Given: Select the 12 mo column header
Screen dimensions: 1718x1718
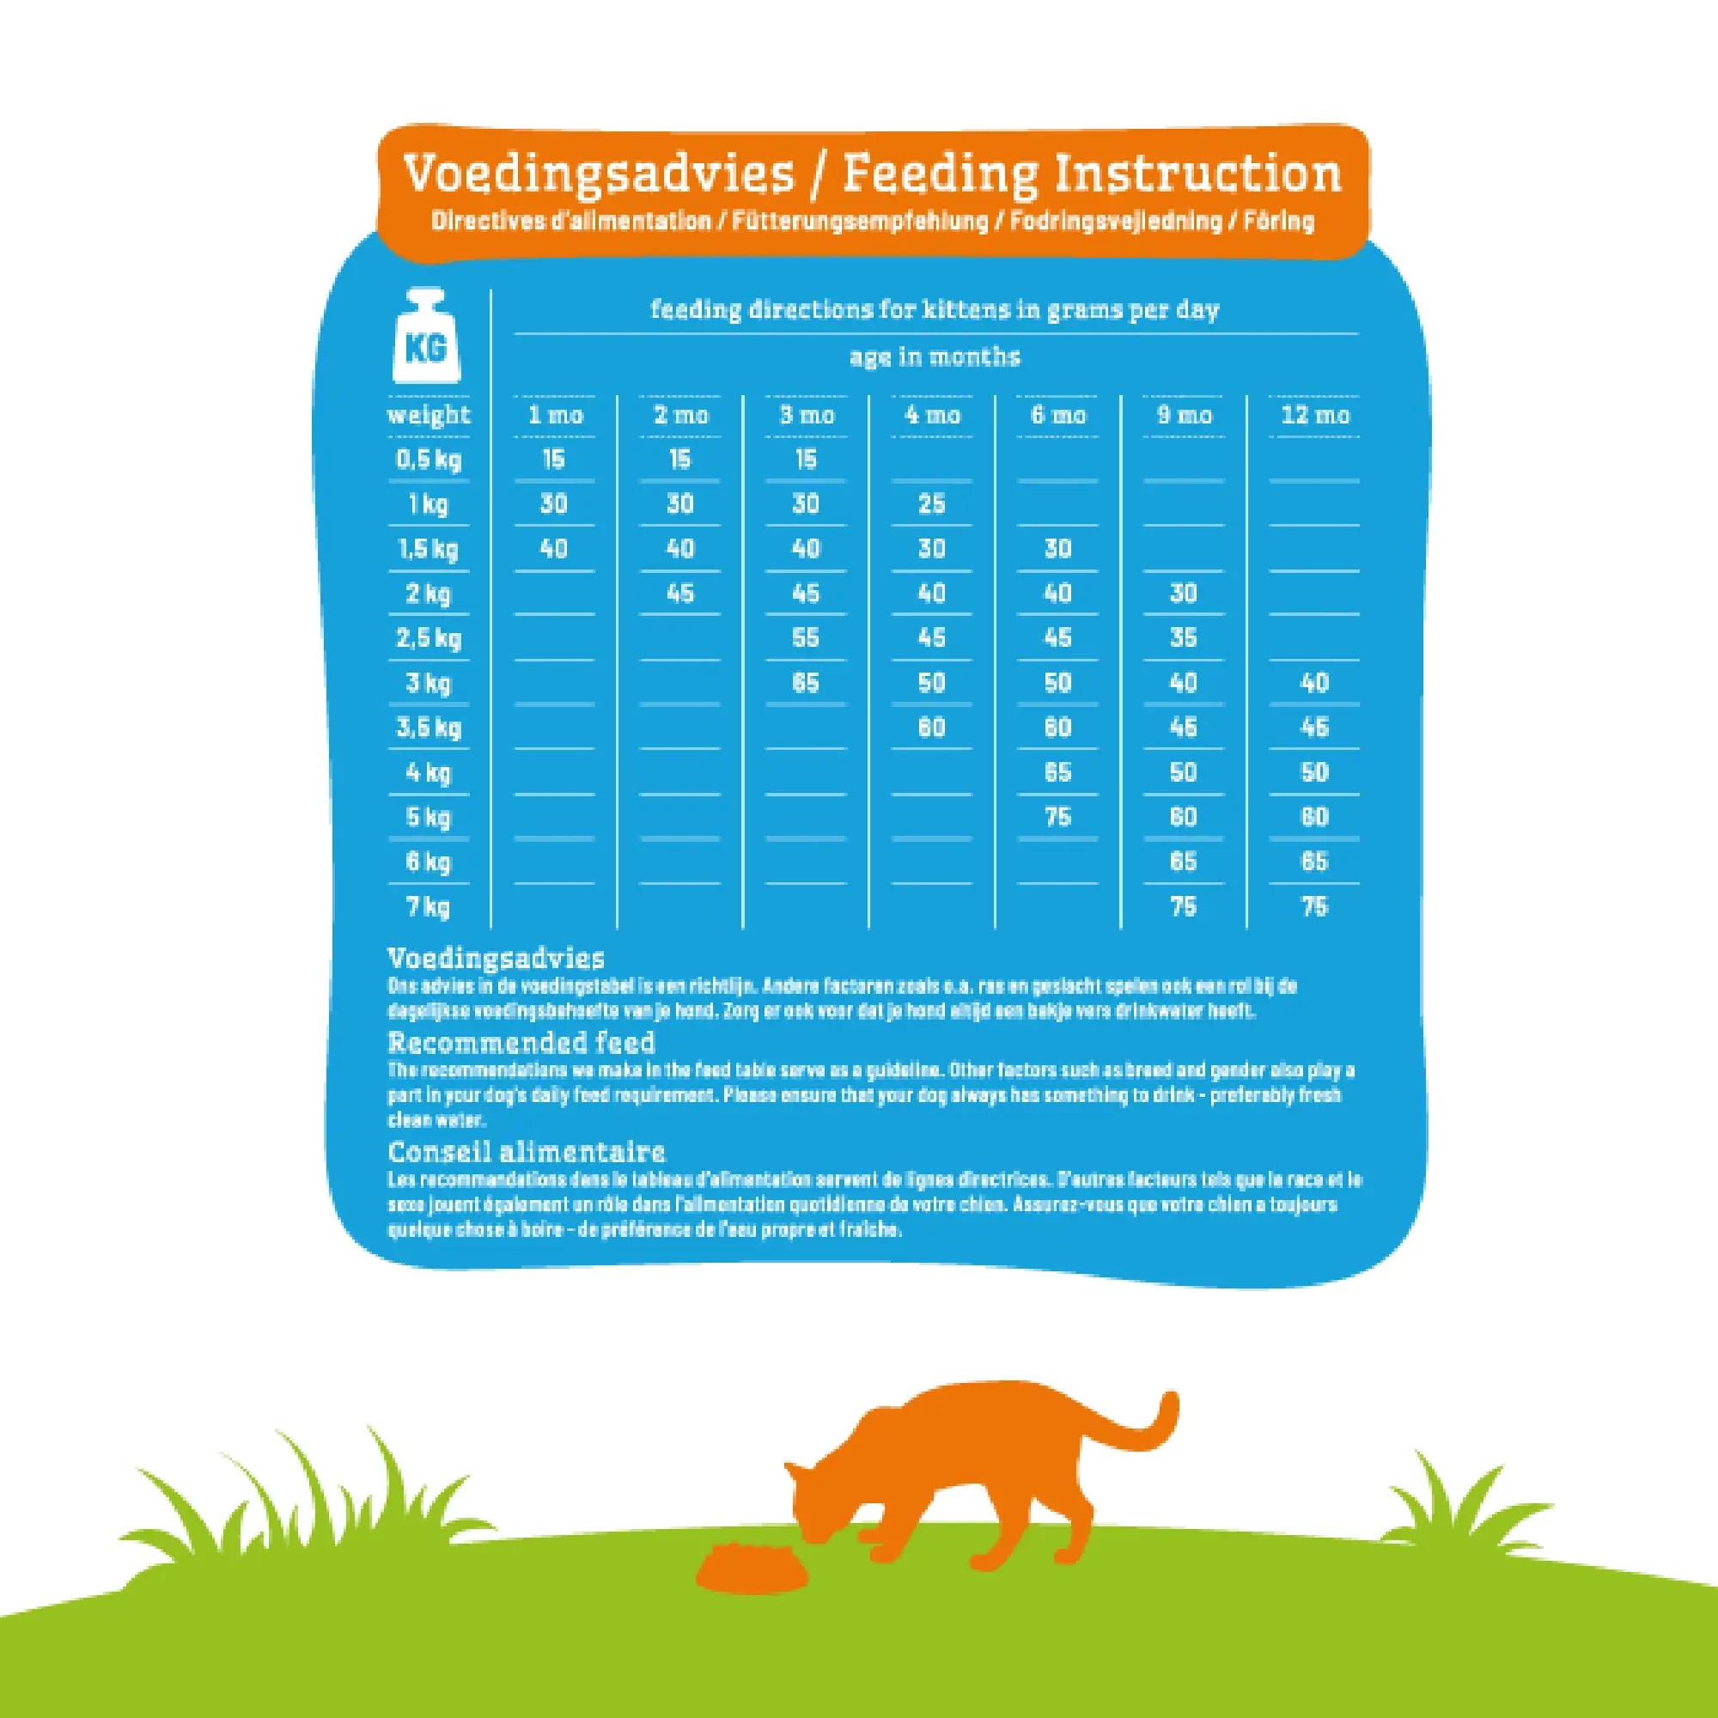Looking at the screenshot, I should (x=1314, y=415).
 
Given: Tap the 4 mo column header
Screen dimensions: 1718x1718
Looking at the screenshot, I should (x=932, y=415).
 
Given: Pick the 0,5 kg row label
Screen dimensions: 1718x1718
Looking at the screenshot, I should (x=429, y=460).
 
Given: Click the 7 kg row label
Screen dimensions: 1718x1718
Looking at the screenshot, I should (x=429, y=907).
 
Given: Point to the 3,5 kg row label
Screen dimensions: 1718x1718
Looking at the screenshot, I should (x=429, y=728).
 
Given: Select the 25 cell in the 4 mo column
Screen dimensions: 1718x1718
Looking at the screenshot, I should (x=931, y=504).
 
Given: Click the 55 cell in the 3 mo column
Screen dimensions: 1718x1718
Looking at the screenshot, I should (x=806, y=637).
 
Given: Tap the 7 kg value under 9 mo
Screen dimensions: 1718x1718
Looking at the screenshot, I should (x=1183, y=907).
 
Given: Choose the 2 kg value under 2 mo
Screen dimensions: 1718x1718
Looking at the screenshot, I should (x=679, y=593).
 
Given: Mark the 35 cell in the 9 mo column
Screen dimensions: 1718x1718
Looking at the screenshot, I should (x=1183, y=637).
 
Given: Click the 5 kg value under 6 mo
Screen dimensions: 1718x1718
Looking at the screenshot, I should (x=1057, y=817).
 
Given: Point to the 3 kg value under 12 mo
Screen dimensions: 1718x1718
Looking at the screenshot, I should (x=1314, y=683).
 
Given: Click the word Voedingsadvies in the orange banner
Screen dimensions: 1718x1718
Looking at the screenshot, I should (x=598, y=173).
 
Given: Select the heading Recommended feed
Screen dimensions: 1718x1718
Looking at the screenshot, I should (x=521, y=1042).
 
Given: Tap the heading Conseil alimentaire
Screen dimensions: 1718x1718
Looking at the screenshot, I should (x=527, y=1153).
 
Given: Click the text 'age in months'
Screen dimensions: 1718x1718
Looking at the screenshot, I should (x=935, y=357).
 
